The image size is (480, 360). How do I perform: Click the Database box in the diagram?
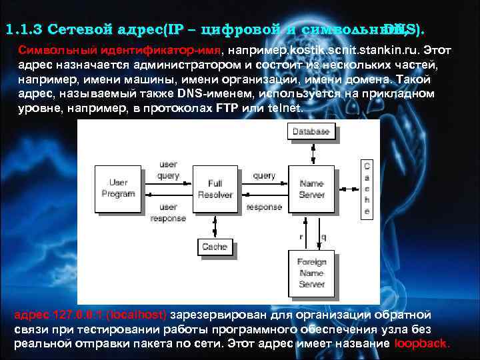(311, 132)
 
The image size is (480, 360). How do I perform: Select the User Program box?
(117, 188)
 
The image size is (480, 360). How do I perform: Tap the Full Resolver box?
(215, 189)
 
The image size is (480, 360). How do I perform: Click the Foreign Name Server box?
(311, 273)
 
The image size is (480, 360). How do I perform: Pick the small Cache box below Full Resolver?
(215, 247)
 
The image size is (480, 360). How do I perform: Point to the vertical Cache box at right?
(366, 188)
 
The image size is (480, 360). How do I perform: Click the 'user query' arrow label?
(168, 170)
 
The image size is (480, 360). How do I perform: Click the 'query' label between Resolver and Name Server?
(264, 176)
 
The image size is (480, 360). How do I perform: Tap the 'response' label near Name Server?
(264, 207)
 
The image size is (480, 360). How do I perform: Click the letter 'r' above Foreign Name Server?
(301, 236)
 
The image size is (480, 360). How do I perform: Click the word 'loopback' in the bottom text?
(422, 344)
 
